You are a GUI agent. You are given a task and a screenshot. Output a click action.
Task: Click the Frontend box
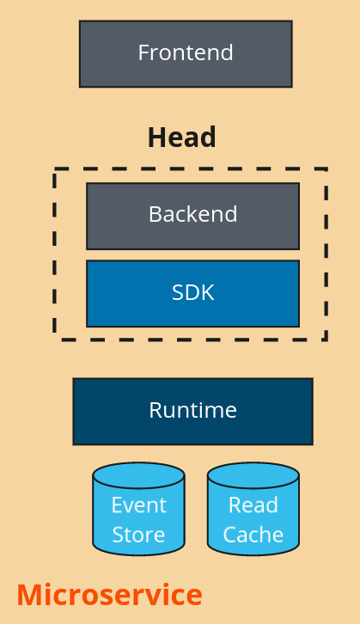click(x=186, y=54)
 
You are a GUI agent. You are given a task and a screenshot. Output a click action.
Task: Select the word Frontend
click(x=186, y=52)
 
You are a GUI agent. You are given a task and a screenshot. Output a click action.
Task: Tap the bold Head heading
click(x=182, y=138)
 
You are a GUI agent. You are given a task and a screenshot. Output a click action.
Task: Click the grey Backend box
click(x=193, y=216)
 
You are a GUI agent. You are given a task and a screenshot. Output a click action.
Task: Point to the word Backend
click(x=193, y=214)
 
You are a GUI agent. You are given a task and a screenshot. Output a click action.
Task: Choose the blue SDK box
click(x=193, y=294)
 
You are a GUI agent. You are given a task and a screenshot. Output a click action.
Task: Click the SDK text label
click(x=193, y=292)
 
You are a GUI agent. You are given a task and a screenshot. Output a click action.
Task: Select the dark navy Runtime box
click(x=193, y=412)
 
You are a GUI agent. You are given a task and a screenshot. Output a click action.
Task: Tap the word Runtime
click(x=193, y=410)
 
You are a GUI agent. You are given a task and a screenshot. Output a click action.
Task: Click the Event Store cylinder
click(x=139, y=509)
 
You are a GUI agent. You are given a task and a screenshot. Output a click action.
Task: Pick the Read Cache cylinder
click(x=253, y=509)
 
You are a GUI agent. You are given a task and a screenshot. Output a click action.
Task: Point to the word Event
click(x=139, y=505)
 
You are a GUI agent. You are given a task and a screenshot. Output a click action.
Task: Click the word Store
click(x=139, y=535)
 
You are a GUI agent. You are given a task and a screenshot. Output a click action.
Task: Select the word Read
click(x=253, y=505)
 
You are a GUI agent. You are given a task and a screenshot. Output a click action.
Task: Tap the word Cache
click(x=253, y=535)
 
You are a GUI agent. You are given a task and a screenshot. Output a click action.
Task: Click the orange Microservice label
click(x=109, y=595)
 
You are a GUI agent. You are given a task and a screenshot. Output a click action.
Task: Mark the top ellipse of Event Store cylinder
click(x=139, y=475)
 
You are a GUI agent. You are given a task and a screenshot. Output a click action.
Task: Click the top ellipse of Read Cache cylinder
click(x=253, y=475)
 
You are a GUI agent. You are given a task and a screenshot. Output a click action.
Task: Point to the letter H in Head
click(x=156, y=138)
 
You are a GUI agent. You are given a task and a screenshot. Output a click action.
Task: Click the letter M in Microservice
click(x=28, y=595)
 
